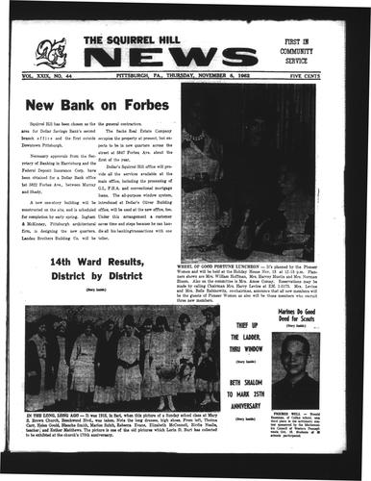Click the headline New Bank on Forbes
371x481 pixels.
click(x=93, y=104)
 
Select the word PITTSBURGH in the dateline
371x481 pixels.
click(x=134, y=71)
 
